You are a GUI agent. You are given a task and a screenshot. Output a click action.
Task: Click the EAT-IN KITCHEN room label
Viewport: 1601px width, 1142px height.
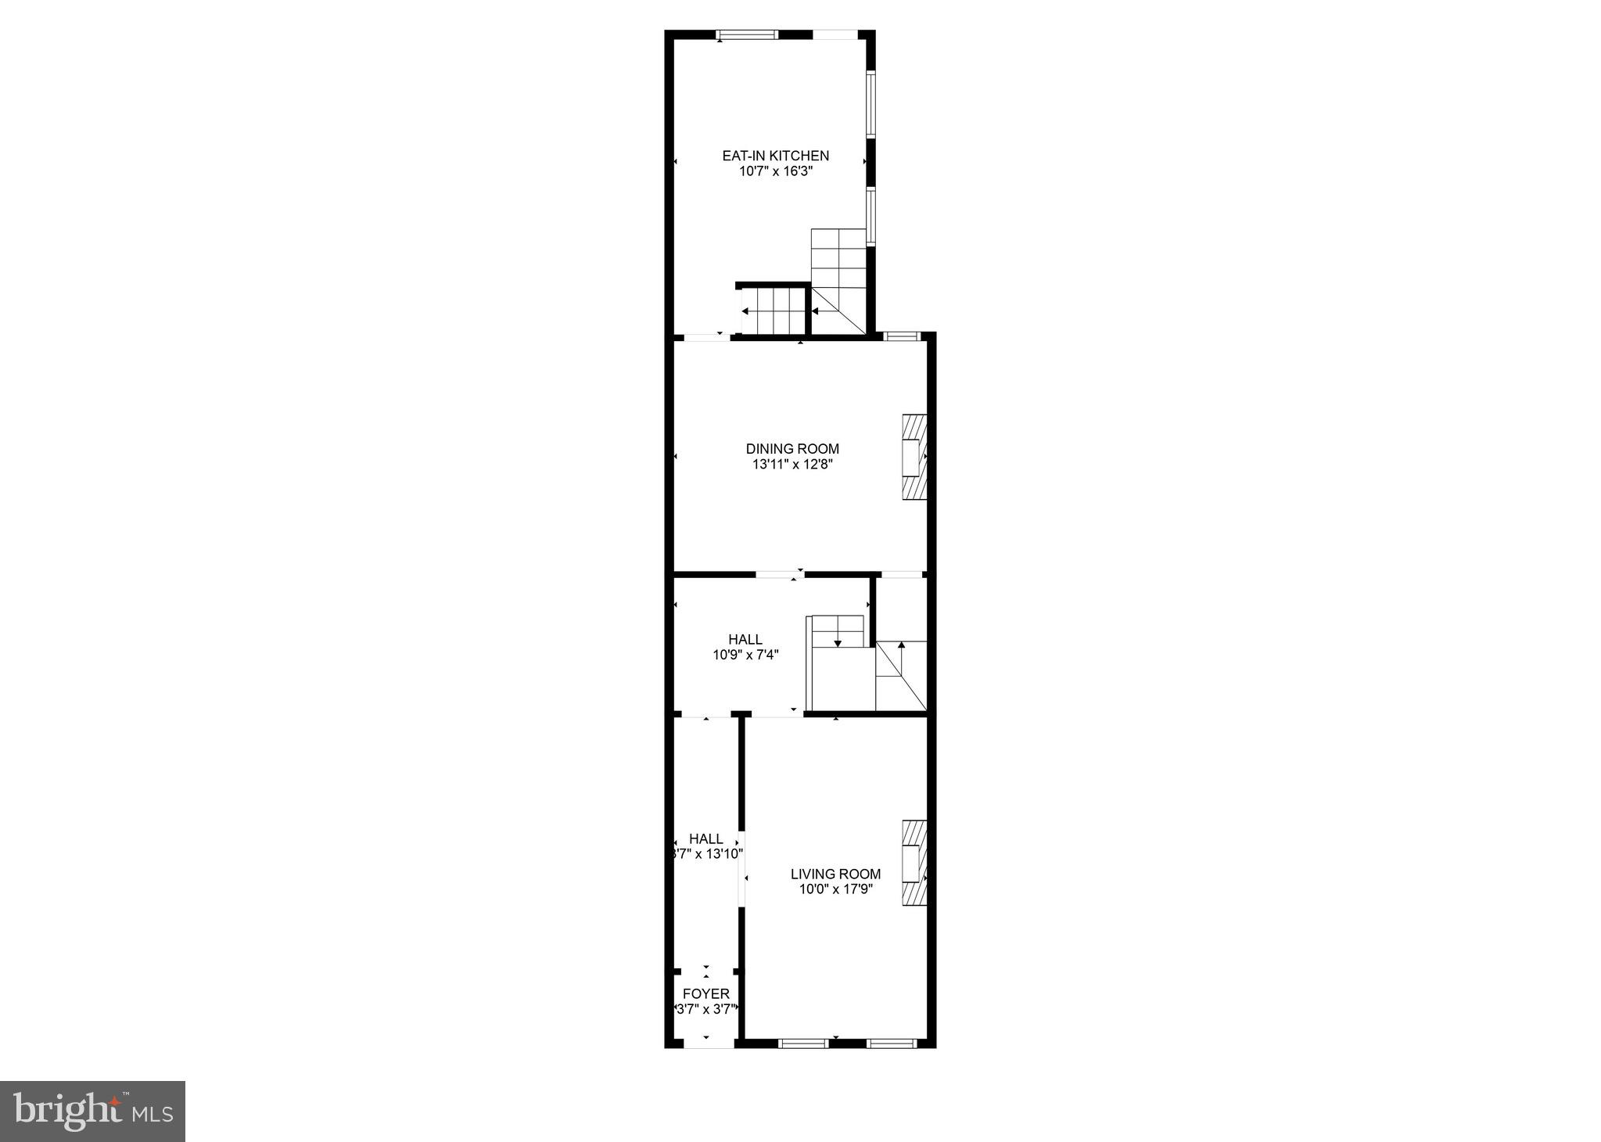(775, 156)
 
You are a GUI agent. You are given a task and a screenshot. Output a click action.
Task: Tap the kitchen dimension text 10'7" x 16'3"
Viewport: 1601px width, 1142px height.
(775, 171)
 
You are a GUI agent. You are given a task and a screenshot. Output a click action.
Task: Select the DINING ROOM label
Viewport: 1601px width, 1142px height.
(792, 448)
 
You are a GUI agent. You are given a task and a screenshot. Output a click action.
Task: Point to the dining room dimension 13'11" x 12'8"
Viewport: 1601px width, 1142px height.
(792, 464)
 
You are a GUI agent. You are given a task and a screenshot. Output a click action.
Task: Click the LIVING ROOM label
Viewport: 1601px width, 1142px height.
(835, 874)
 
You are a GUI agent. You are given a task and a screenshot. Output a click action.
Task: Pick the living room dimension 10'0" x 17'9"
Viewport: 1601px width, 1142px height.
(835, 889)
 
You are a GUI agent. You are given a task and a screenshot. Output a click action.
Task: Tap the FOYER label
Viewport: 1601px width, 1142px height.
(705, 993)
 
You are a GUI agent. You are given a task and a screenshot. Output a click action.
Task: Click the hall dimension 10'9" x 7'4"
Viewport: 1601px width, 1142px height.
(745, 655)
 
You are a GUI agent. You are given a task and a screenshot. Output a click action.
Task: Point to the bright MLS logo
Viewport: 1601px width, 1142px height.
(92, 1111)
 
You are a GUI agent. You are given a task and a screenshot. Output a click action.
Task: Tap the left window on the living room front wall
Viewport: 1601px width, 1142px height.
(803, 1043)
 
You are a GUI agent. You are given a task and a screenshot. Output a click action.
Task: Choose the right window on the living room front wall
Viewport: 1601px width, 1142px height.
(891, 1043)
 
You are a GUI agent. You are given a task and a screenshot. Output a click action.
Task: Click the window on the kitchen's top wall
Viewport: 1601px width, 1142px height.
(748, 34)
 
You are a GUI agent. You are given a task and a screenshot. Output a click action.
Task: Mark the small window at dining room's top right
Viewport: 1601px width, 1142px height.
(903, 336)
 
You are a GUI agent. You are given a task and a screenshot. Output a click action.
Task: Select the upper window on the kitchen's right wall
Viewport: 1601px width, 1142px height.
(870, 105)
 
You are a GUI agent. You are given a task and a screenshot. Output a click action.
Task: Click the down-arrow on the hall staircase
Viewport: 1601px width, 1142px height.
(838, 642)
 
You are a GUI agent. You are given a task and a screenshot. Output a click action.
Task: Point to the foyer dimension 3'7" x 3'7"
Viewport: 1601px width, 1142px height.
(705, 1009)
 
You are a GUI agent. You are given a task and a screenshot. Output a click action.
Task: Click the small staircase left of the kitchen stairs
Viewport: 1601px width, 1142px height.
(773, 310)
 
